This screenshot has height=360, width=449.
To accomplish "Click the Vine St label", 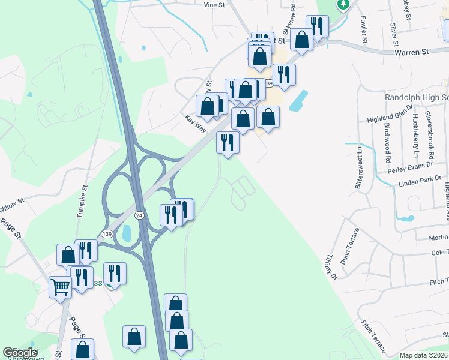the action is (x=214, y=5).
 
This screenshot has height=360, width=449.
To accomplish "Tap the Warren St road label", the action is (x=411, y=52).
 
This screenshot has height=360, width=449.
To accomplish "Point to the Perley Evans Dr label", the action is (x=411, y=168).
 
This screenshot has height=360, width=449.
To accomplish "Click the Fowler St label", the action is (x=364, y=30).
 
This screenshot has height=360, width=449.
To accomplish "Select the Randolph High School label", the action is (x=417, y=97).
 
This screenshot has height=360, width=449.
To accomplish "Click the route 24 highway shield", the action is (x=139, y=215).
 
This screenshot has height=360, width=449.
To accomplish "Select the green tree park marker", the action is (x=343, y=5).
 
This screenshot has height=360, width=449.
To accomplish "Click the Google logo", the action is (x=20, y=353).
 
